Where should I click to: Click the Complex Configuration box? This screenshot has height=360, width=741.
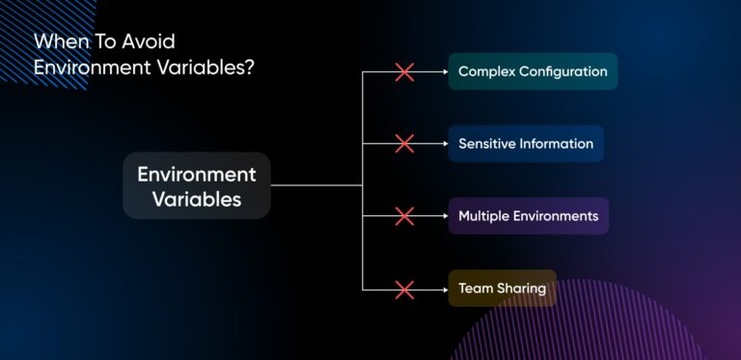533,71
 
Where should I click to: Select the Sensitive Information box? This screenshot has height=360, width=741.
526,144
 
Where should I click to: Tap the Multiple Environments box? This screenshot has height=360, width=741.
528,216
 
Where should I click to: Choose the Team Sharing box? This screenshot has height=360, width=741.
502,289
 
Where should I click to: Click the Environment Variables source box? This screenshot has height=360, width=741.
197,185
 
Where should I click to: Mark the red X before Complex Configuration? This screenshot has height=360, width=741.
404,71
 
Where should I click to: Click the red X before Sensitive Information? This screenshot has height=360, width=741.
404,144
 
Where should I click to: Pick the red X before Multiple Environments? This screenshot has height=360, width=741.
404,216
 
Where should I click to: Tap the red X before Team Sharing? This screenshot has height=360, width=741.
404,289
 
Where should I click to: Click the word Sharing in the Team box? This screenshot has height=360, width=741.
522,289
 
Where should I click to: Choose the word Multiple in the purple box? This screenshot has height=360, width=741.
485,216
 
